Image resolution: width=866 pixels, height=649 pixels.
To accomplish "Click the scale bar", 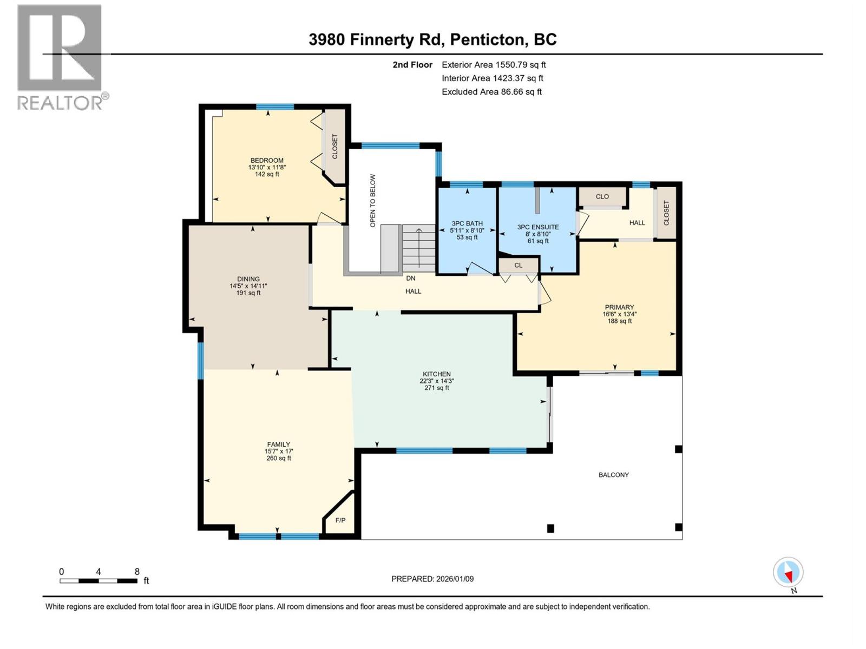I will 99,581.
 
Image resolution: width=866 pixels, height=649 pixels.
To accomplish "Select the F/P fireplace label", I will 340,520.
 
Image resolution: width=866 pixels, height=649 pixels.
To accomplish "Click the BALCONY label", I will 613,475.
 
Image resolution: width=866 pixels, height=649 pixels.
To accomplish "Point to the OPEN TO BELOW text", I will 372,200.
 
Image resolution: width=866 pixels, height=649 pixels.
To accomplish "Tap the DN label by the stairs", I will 411,278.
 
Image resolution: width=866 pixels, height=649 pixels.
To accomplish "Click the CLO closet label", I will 602,197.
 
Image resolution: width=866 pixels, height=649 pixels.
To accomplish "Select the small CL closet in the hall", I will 518,265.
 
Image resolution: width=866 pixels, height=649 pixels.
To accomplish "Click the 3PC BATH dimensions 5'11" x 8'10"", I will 467,230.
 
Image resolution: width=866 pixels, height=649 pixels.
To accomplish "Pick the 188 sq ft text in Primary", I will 619,321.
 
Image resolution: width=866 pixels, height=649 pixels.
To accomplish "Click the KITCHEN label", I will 436,374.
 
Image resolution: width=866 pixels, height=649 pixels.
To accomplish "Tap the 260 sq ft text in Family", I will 279,458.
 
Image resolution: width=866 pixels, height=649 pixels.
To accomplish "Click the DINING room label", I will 248,279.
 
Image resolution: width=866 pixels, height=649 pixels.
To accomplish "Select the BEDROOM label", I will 267,160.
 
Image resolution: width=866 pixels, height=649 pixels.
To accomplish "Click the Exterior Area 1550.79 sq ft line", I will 493,65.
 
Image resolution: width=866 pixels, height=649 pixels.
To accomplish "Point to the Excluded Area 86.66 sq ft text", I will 491,92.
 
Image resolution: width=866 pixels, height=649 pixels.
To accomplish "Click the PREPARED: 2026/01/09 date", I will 432,579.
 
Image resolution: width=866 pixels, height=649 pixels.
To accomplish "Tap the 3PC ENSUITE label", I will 537,227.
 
